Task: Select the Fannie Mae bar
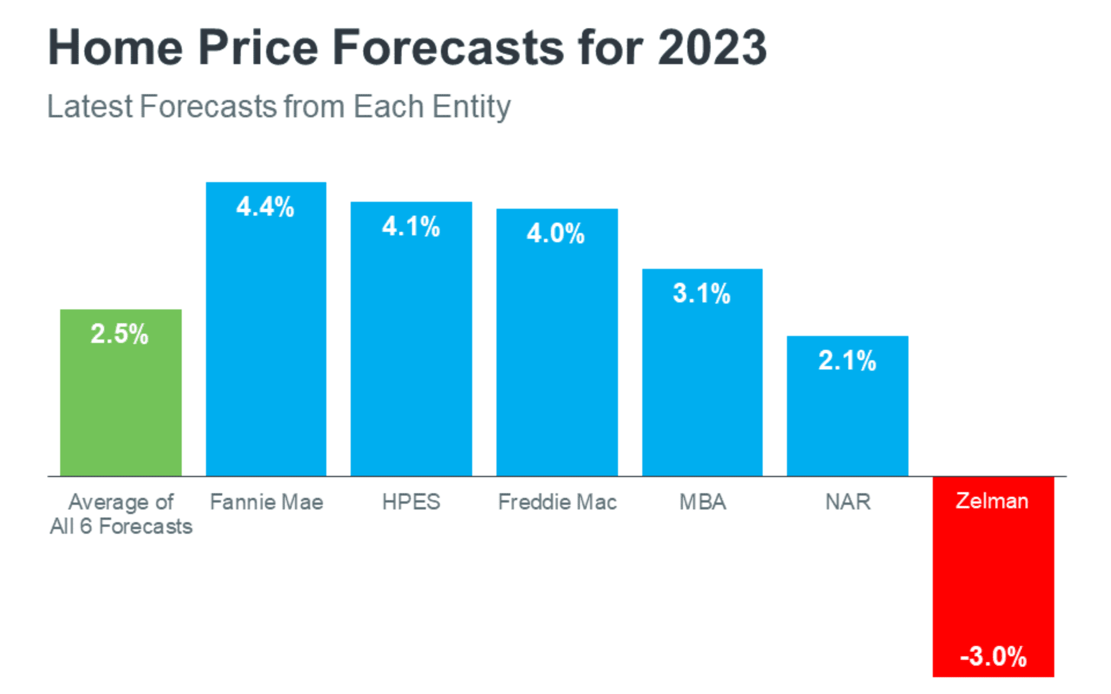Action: [266, 347]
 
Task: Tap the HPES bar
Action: [411, 359]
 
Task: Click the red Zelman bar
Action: [993, 578]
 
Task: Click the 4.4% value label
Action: [266, 207]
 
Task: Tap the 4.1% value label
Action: [411, 227]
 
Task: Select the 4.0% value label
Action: [556, 234]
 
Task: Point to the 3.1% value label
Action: [702, 294]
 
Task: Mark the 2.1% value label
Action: [848, 361]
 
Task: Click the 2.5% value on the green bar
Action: [120, 334]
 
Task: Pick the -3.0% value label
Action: [994, 657]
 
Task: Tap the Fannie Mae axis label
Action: [267, 502]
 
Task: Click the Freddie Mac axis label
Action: [557, 502]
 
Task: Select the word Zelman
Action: [992, 501]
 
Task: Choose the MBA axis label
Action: [702, 502]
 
